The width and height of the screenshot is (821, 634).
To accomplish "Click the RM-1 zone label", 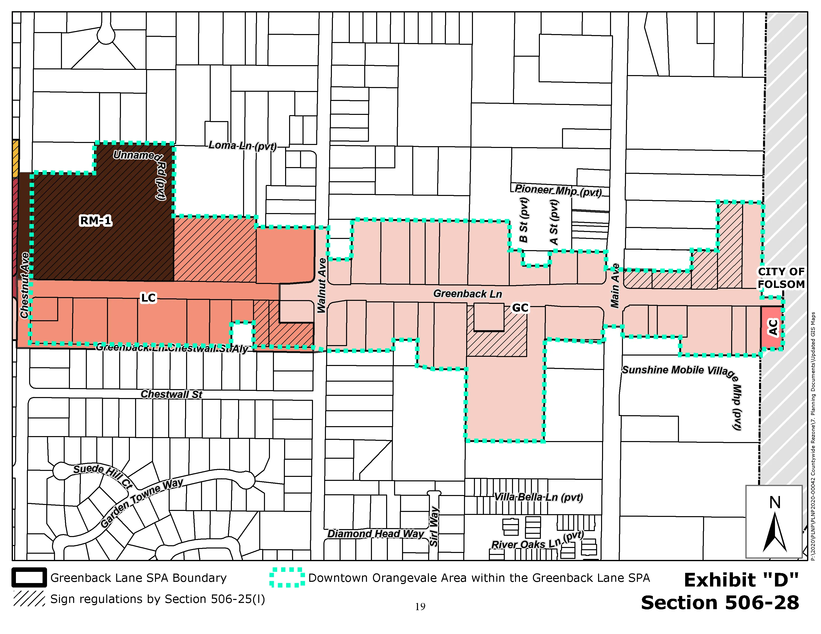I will tap(96, 221).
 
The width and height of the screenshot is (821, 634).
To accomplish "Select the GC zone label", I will tap(520, 308).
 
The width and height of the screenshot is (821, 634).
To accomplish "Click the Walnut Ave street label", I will tap(322, 285).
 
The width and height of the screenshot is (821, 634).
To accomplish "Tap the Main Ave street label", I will tap(615, 285).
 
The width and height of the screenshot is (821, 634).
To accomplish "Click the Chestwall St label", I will tap(171, 394).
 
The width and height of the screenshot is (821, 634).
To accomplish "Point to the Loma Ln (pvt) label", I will tap(243, 146).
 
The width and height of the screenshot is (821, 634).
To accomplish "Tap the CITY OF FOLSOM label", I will tap(781, 278).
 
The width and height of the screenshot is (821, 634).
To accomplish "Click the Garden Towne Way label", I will tap(142, 502).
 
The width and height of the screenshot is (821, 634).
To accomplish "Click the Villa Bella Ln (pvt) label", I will tap(538, 497).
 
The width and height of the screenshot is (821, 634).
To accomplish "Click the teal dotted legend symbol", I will tap(287, 577).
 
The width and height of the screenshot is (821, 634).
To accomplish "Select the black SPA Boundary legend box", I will tap(29, 577).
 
